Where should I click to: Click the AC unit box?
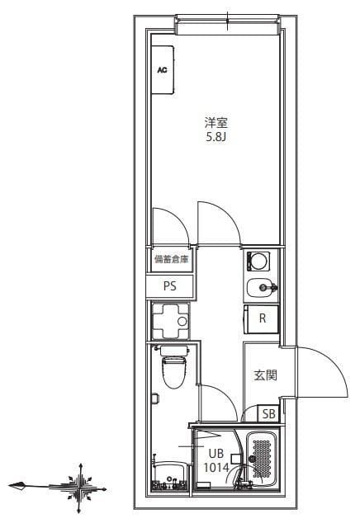click(x=163, y=70)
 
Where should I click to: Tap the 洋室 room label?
click(x=216, y=122)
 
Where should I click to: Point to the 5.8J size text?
click(x=216, y=137)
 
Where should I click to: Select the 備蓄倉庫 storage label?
click(x=171, y=259)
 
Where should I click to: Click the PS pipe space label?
click(x=170, y=286)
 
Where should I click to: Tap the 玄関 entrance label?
click(x=265, y=375)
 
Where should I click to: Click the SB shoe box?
click(x=268, y=414)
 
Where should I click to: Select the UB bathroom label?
click(x=216, y=453)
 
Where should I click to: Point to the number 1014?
click(x=216, y=466)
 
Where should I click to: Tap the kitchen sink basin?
click(x=262, y=288)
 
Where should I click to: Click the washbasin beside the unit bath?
click(x=170, y=475)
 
